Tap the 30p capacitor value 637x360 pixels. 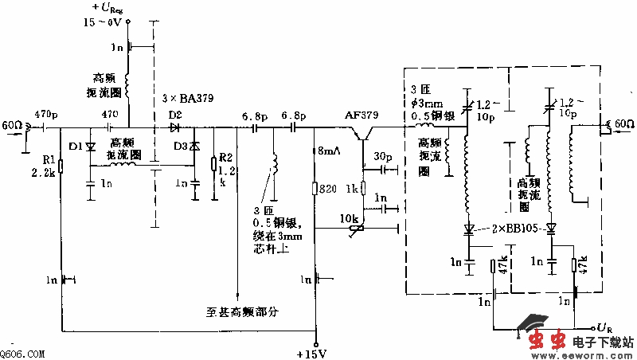click(x=383, y=155)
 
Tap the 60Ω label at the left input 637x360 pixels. click(x=13, y=126)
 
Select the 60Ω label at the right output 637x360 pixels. click(x=622, y=123)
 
